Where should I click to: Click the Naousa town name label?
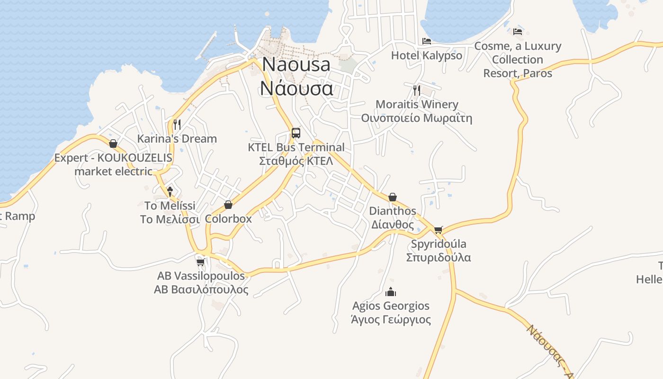296,76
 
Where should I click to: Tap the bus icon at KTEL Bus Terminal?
296,133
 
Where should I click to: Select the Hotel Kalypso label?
426,55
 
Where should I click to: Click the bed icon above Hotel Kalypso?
427,41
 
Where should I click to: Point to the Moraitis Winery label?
417,111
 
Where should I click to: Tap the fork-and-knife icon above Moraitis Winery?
417,90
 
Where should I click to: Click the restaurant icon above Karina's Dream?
177,125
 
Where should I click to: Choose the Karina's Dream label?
177,139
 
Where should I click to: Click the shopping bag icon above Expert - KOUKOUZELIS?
113,144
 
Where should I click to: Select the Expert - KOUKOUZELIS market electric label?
113,164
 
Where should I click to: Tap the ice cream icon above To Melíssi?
170,191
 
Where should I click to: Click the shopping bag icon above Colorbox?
228,205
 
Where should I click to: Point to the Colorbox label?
228,219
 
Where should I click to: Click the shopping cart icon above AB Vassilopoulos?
200,262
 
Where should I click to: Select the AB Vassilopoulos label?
201,282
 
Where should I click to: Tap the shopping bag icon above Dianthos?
393,197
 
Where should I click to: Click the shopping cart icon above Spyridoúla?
439,230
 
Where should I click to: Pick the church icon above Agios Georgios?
391,291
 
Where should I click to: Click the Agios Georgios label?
391,312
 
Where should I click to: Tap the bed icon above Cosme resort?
518,32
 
